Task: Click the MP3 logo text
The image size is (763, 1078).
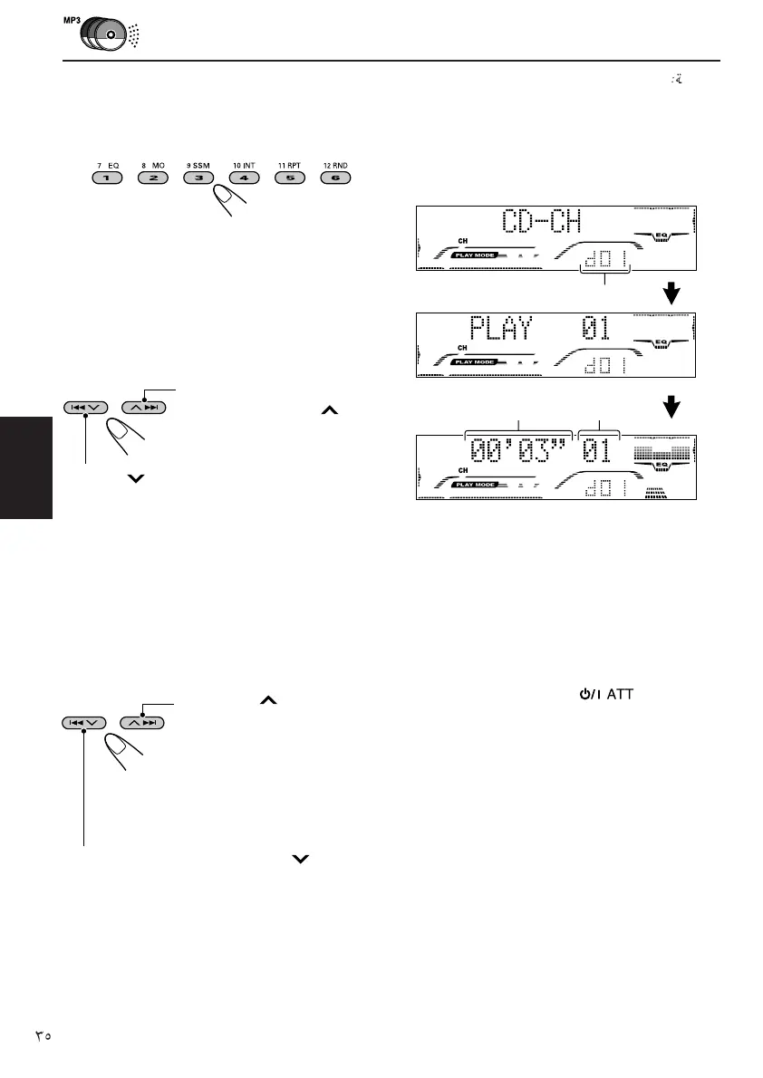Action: click(x=72, y=19)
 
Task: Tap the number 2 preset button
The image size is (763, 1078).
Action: click(x=153, y=178)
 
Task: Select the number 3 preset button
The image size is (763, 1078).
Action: click(x=198, y=178)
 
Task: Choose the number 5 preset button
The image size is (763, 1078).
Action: click(x=289, y=178)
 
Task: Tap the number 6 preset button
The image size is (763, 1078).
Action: click(x=334, y=178)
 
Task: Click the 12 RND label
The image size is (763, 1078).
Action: click(x=334, y=166)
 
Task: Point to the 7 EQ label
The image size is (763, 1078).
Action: click(x=108, y=166)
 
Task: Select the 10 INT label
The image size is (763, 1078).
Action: click(x=244, y=166)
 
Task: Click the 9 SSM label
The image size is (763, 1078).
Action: click(x=198, y=166)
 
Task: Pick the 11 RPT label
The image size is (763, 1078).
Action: click(x=289, y=166)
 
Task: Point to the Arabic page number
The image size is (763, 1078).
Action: click(x=43, y=1034)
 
